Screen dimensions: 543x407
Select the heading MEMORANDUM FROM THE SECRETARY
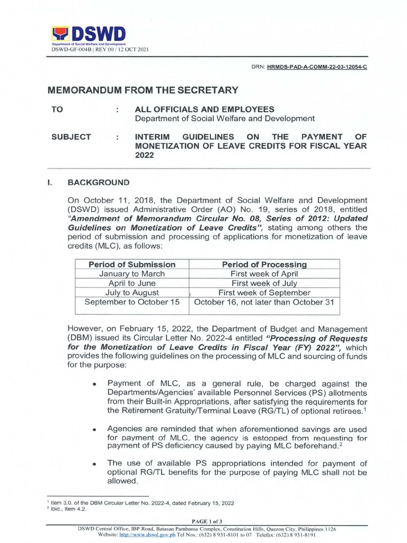(x=143, y=91)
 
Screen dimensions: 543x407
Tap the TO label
(x=57, y=109)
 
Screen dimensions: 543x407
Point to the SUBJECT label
(x=71, y=137)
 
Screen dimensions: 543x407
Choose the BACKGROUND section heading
(x=99, y=182)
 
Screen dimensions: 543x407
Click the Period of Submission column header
(x=132, y=264)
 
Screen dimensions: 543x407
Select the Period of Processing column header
(x=264, y=264)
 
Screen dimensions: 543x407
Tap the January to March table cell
(x=132, y=274)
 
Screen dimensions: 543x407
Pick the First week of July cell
(x=264, y=283)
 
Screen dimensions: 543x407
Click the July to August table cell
(x=132, y=293)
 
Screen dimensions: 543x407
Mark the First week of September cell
(x=264, y=293)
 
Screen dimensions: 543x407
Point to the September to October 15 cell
(x=132, y=302)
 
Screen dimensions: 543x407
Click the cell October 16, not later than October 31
(x=264, y=302)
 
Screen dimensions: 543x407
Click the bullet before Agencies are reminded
(x=94, y=428)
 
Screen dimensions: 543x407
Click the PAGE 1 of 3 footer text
(x=203, y=522)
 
